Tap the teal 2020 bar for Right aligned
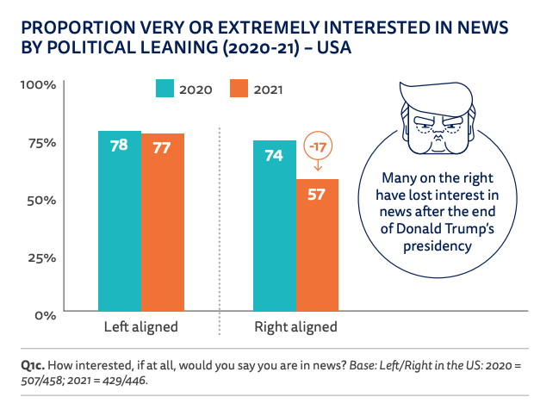coord(274,225)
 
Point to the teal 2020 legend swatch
coord(165,88)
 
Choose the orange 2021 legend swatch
coord(239,88)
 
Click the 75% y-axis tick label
coord(40,143)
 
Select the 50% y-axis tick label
coord(40,200)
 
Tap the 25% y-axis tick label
coord(40,257)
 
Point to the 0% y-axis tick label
coord(45,314)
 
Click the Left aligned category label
coord(140,327)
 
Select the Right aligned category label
coord(295,327)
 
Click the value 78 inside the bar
coord(119,146)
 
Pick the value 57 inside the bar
coord(317,194)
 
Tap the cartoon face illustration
coord(437,121)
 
